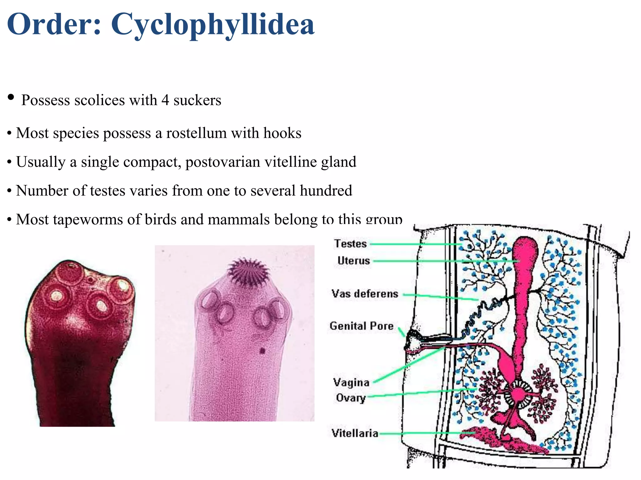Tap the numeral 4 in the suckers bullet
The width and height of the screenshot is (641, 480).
[x=165, y=100]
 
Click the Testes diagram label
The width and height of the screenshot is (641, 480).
[x=350, y=243]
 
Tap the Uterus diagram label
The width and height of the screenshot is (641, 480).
[x=354, y=260]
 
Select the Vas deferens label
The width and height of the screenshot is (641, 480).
[x=365, y=293]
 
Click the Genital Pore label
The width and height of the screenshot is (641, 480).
[x=362, y=326]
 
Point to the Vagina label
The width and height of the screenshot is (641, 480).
[x=351, y=382]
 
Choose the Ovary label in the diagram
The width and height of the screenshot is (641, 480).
[x=351, y=398]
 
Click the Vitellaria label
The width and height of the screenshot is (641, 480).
[x=355, y=433]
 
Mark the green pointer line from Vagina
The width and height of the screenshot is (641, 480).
[x=409, y=364]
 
